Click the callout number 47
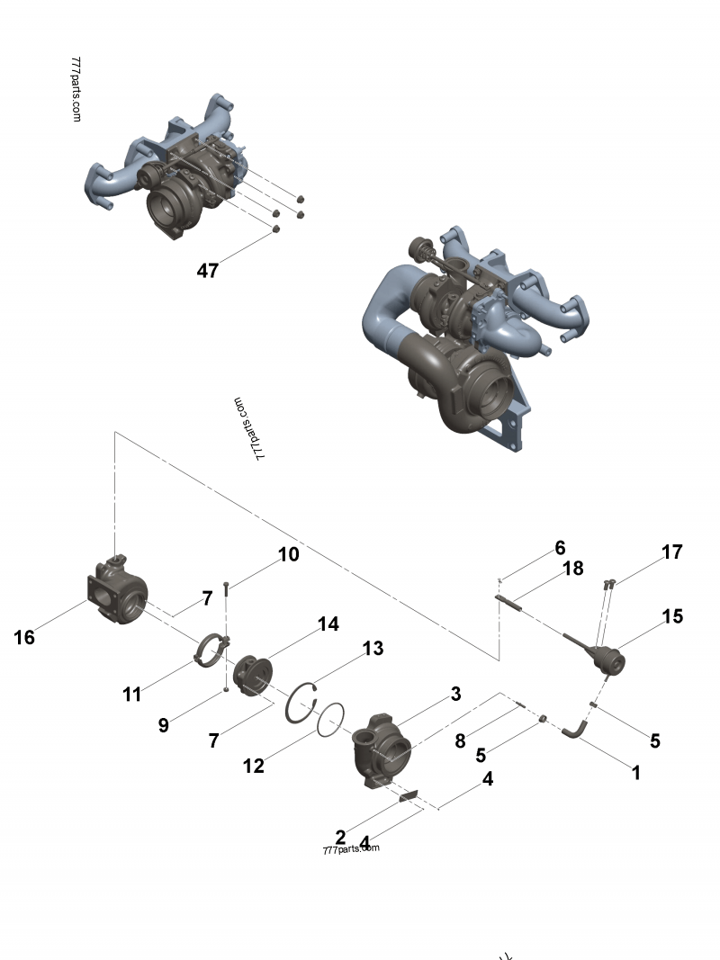[208, 270]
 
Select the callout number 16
[24, 637]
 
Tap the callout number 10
[288, 554]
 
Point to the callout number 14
[328, 624]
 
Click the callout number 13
[373, 648]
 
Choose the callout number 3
[456, 694]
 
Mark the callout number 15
[672, 616]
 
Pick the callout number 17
[672, 552]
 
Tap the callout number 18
[573, 569]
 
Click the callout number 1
[635, 772]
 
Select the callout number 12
[254, 766]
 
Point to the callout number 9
[163, 725]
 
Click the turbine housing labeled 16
[119, 594]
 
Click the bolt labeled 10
[225, 590]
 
